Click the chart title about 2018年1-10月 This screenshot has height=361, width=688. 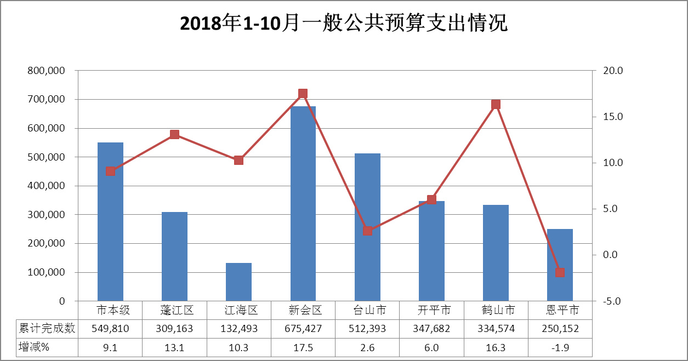[344, 24]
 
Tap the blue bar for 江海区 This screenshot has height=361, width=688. [238, 282]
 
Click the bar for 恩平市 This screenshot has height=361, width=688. [560, 265]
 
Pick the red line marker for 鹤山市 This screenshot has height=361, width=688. [496, 105]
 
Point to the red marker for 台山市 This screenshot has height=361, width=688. [367, 231]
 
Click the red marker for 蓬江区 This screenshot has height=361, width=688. [174, 135]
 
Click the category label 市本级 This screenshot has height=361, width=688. [110, 310]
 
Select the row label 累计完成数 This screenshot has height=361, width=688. [47, 329]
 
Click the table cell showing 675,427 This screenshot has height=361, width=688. [303, 329]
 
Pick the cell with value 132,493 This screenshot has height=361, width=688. [238, 329]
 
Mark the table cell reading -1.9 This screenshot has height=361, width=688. [560, 347]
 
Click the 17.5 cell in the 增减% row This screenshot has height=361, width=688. [303, 347]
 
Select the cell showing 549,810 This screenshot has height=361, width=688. [110, 329]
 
